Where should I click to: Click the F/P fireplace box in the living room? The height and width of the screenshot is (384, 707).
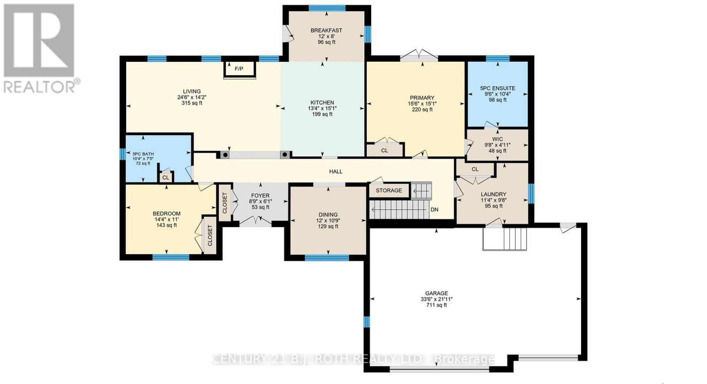(239, 69)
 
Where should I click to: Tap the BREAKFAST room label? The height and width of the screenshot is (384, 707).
(327, 30)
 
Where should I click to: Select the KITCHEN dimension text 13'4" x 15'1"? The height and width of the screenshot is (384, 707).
(322, 108)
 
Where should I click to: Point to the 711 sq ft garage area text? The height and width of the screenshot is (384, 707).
(437, 305)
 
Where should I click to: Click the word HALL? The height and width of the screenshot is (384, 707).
(335, 171)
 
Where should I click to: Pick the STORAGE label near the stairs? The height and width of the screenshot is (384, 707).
(389, 190)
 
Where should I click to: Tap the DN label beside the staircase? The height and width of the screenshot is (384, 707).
(434, 209)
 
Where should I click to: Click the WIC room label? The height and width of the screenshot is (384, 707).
(498, 139)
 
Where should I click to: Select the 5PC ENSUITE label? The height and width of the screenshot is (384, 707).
(498, 88)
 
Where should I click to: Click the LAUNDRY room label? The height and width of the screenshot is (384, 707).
(493, 194)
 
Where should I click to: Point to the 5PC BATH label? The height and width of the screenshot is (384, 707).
(143, 154)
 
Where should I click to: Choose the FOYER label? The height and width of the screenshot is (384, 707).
(260, 196)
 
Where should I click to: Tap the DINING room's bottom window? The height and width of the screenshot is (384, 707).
(327, 258)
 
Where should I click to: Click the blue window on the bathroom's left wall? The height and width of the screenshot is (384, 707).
(123, 154)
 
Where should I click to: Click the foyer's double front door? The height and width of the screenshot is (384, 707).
(255, 221)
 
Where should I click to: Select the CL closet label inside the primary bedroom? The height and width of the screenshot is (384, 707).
(384, 151)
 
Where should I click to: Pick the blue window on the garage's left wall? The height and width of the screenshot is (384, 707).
(366, 322)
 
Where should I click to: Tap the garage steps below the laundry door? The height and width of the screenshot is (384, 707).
(505, 239)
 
